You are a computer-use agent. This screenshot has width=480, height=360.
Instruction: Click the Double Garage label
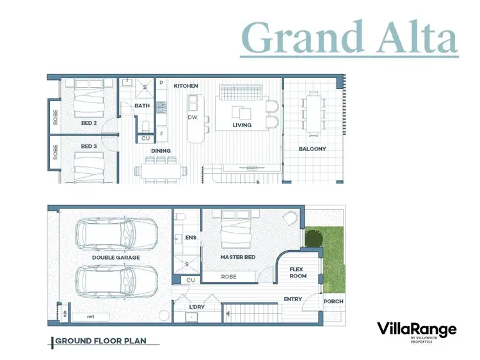tap(116, 258)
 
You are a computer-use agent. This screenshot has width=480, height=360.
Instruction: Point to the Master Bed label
tap(237, 258)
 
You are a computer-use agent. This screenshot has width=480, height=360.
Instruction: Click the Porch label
tap(333, 301)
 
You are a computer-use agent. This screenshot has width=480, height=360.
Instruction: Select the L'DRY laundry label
tap(196, 308)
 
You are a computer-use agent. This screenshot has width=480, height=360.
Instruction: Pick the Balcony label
tap(312, 149)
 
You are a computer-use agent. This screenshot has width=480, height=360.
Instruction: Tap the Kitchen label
tap(186, 86)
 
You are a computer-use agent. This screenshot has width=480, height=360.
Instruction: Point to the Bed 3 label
tap(88, 146)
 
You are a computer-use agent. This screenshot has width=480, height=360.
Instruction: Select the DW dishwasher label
tap(192, 118)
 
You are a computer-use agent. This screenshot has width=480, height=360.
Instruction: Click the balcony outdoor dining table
tap(314, 113)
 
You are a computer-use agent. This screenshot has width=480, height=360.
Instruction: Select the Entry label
tap(293, 299)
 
